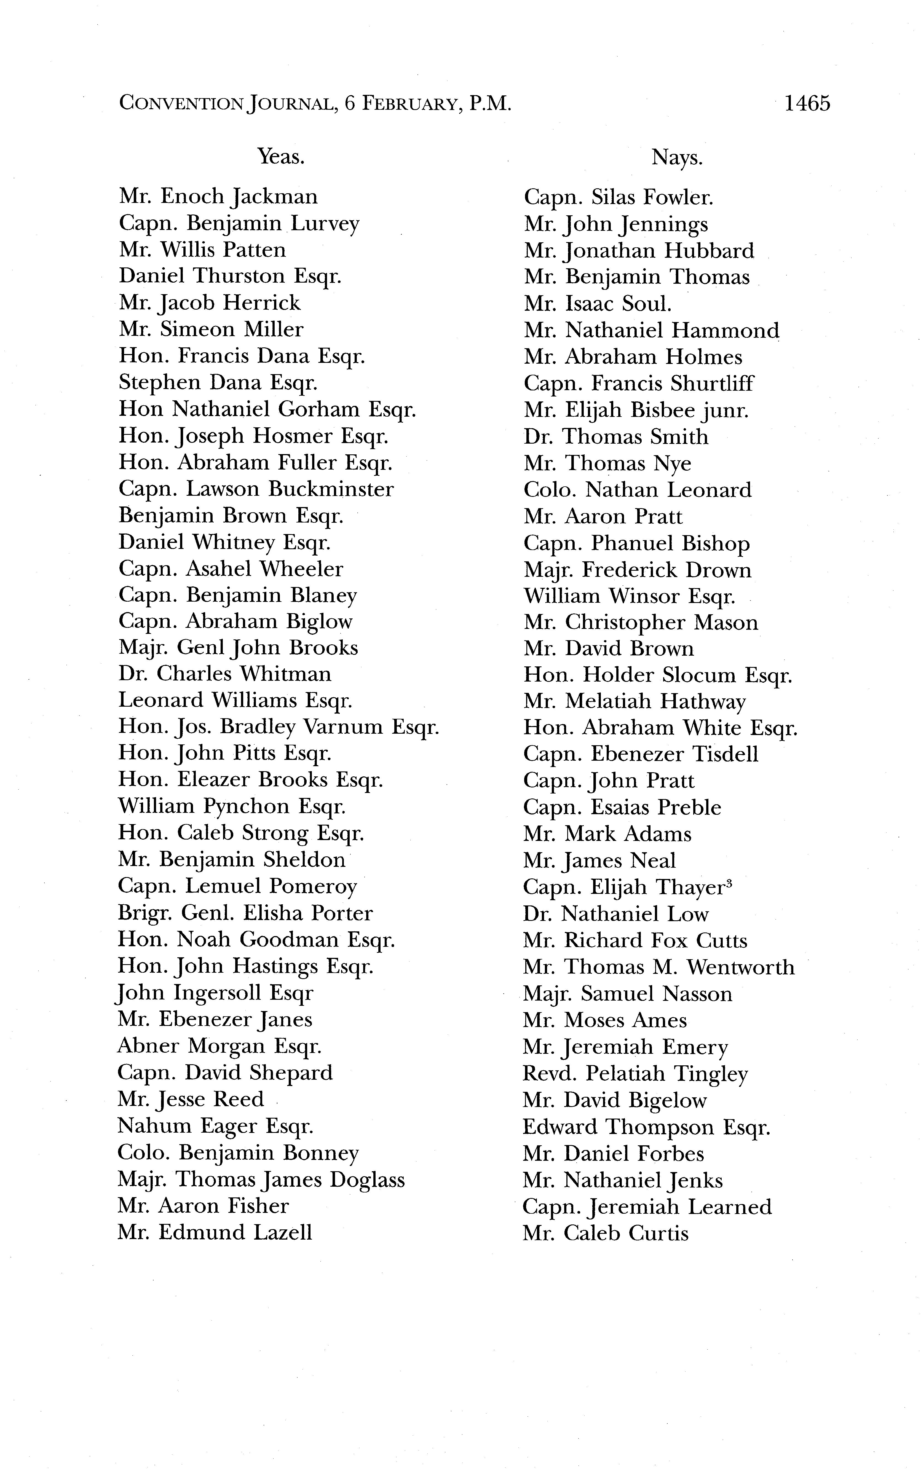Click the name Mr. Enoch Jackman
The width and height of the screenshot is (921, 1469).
click(x=218, y=197)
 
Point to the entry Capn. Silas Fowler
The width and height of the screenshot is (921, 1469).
click(x=618, y=197)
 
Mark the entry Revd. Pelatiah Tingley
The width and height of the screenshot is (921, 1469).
click(x=635, y=1074)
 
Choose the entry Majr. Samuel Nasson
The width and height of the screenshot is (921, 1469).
click(x=627, y=994)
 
